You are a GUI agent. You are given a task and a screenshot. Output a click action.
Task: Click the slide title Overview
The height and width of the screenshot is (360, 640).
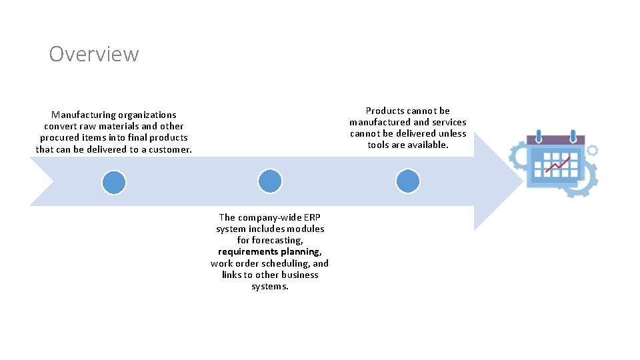[x=94, y=53]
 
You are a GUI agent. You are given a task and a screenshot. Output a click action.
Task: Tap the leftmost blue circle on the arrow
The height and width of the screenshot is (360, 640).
[x=114, y=181]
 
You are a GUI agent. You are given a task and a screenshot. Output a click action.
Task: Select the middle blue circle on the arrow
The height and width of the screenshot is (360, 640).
[x=270, y=181]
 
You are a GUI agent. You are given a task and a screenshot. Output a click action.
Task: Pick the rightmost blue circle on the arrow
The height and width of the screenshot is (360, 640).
[x=407, y=181]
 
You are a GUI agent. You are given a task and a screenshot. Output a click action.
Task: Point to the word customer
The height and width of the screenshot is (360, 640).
[x=171, y=149]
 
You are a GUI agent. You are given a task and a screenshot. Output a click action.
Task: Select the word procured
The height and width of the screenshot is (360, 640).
[x=59, y=137]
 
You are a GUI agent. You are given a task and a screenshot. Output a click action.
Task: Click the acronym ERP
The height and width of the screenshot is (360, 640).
[x=312, y=217]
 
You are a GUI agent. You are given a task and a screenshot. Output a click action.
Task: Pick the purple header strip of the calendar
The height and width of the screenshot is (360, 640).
[x=555, y=141]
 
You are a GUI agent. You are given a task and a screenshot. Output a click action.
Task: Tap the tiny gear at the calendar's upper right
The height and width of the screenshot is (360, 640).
[x=592, y=151]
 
